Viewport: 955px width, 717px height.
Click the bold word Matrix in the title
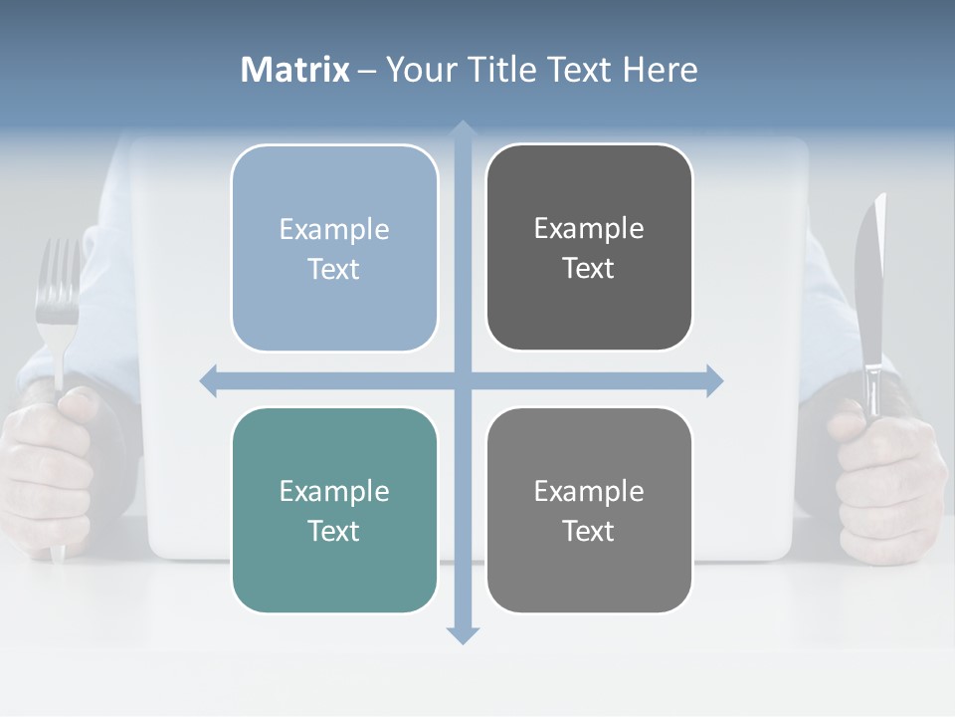(x=295, y=70)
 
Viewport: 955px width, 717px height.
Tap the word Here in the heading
(x=660, y=70)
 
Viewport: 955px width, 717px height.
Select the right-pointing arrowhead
(x=713, y=380)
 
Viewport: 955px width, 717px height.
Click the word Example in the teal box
(x=334, y=491)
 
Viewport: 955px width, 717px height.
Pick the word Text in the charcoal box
(x=589, y=269)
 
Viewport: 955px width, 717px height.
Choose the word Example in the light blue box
(x=334, y=229)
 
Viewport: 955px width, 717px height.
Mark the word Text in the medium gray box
(x=589, y=531)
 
